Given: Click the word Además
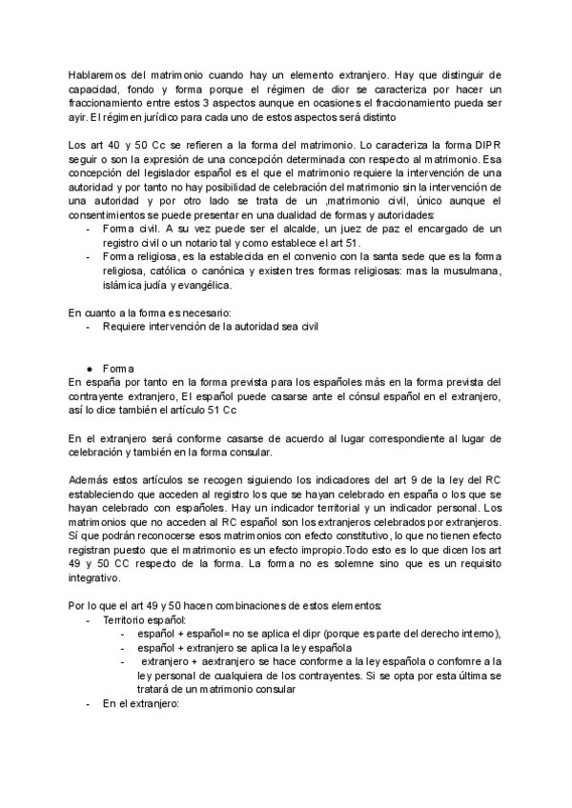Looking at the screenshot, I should (x=92, y=480).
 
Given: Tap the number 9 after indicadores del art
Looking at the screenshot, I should (x=392, y=480).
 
